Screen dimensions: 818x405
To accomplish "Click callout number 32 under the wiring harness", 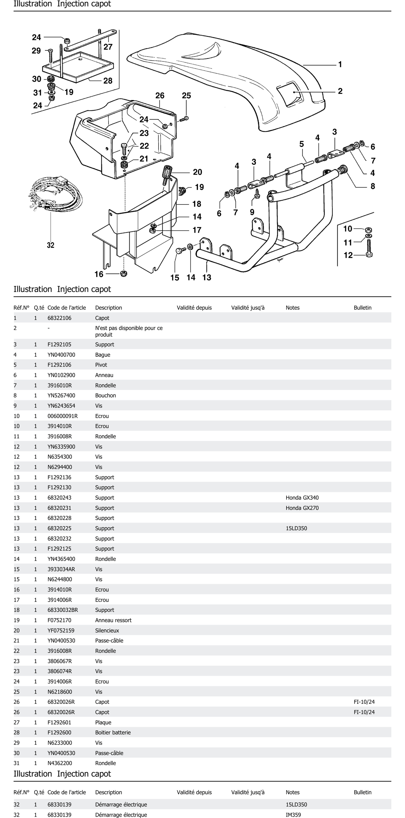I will click(x=50, y=245).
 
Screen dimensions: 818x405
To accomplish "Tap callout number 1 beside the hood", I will click(x=340, y=64).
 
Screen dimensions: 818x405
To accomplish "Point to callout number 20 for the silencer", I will click(x=197, y=172).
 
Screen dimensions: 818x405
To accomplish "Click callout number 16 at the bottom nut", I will click(x=99, y=274).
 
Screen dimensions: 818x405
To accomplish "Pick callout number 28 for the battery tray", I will click(x=108, y=81).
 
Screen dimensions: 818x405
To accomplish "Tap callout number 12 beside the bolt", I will click(x=348, y=255).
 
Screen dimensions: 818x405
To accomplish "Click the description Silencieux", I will click(x=107, y=630).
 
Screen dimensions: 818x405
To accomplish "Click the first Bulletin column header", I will click(x=362, y=308).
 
